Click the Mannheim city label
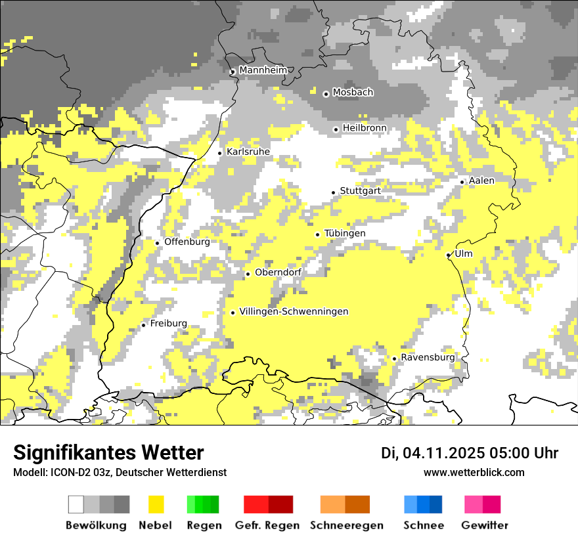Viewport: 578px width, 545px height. click(x=263, y=70)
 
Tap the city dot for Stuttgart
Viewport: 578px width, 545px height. click(x=333, y=192)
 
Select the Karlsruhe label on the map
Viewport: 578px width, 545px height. click(x=248, y=152)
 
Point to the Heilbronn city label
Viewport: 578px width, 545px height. click(x=365, y=128)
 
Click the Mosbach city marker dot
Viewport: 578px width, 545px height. click(x=326, y=94)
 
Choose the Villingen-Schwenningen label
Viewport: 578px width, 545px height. click(x=294, y=312)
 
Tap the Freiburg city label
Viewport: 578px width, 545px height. click(x=168, y=324)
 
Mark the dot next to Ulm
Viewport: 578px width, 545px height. click(x=449, y=255)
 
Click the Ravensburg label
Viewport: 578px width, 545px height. click(x=428, y=358)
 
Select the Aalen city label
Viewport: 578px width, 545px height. click(x=482, y=181)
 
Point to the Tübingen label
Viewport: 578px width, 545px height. click(x=345, y=234)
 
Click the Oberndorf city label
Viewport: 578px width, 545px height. click(x=278, y=272)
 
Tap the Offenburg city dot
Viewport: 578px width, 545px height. click(x=158, y=243)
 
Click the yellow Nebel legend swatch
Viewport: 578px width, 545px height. click(x=156, y=504)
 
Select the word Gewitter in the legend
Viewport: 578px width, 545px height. click(x=485, y=525)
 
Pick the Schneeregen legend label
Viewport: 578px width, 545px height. click(x=347, y=525)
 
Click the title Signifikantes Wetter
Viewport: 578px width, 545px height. click(x=108, y=453)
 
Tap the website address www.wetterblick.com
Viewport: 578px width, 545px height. click(x=474, y=473)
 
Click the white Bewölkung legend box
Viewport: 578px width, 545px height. click(x=76, y=504)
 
